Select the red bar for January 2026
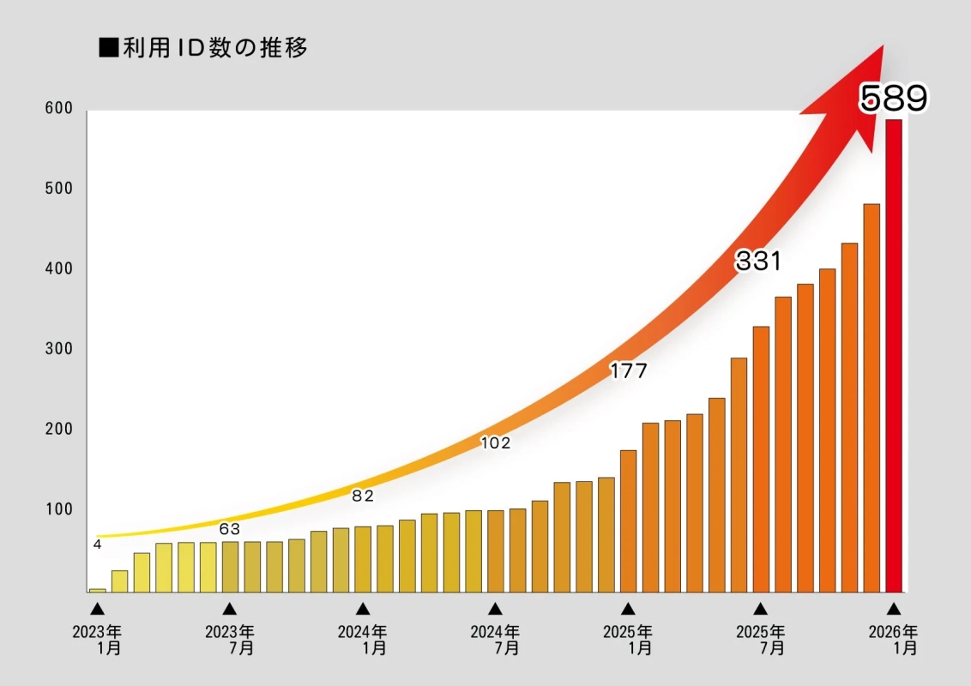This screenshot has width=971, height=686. [x=894, y=355]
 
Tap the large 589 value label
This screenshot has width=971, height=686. [x=894, y=99]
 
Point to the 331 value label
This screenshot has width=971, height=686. [x=758, y=262]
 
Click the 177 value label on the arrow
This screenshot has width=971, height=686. [x=628, y=371]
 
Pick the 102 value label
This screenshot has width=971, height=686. [x=495, y=443]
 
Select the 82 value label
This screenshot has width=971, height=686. [x=363, y=496]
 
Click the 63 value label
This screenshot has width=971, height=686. [x=229, y=529]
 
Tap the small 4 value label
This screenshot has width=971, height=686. [x=97, y=545]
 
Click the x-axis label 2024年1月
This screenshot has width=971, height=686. [x=363, y=640]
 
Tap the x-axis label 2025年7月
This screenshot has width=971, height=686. [x=761, y=640]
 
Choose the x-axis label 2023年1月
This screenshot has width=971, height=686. [x=97, y=640]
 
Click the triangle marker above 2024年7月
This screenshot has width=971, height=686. [x=495, y=609]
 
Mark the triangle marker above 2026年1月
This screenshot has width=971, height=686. [x=894, y=609]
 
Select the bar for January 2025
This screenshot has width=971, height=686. [x=628, y=521]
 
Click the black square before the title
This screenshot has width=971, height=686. [x=108, y=49]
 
